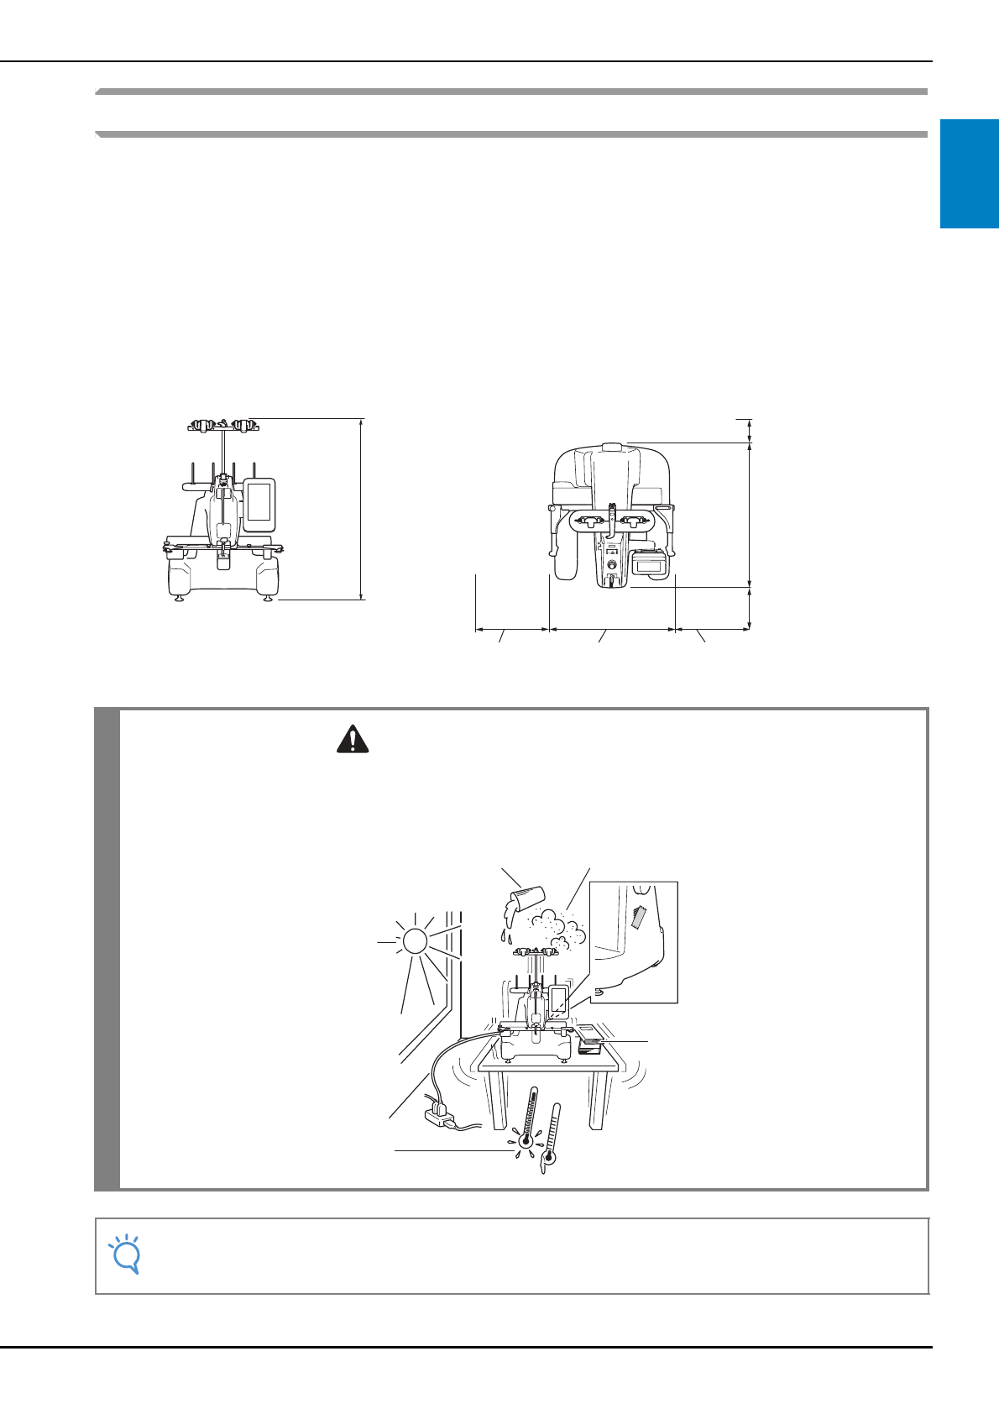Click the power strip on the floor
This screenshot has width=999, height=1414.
[440, 1114]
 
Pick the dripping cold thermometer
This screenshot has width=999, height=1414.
[551, 1138]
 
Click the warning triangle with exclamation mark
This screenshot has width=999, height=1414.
[353, 739]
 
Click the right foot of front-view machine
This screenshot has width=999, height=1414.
[268, 597]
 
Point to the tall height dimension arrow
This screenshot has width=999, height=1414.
[362, 509]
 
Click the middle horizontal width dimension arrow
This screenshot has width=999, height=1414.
[612, 627]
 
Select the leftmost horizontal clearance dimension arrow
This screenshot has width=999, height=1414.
[512, 627]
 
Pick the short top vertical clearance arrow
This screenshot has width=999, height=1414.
[749, 429]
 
